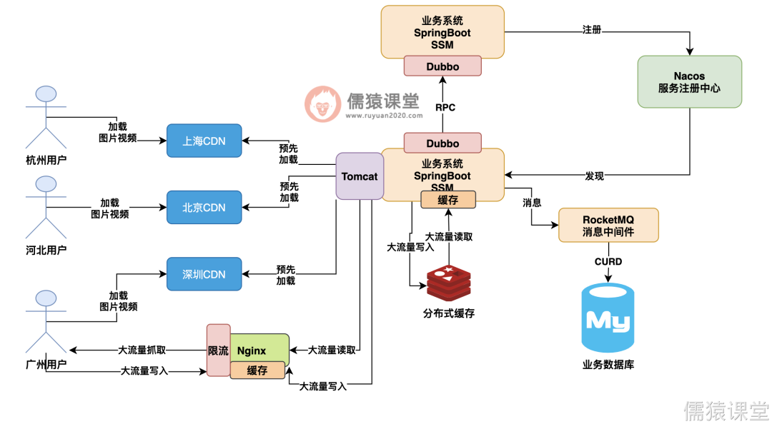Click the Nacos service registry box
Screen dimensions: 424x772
[689, 81]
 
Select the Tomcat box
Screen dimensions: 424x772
[360, 176]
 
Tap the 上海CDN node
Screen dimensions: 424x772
[204, 141]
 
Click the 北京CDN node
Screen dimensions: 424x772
[204, 208]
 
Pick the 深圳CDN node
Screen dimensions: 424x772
[204, 274]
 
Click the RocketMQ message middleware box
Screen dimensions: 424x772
[608, 225]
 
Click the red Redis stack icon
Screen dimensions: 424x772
[448, 283]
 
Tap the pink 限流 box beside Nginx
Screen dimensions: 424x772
[218, 350]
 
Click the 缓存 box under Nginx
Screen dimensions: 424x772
[257, 370]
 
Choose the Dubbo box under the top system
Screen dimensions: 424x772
[442, 66]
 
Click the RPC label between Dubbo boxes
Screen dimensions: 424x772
[445, 108]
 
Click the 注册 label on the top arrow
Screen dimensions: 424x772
[592, 30]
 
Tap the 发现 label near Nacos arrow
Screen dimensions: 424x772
[595, 176]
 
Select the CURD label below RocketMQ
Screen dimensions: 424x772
[608, 262]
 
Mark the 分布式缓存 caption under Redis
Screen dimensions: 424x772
[449, 313]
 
